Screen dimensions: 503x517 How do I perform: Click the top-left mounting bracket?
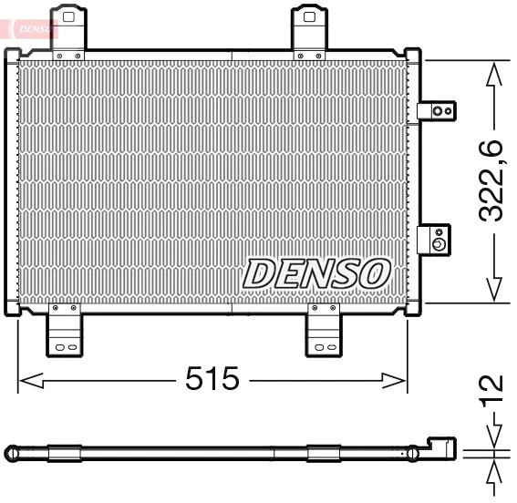tap(67, 34)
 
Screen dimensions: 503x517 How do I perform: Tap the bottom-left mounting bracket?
tap(65, 332)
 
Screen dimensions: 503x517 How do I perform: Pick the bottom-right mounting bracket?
tap(323, 332)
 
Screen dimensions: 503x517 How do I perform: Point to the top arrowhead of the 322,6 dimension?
tap(493, 73)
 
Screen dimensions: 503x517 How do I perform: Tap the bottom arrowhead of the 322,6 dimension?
tap(493, 290)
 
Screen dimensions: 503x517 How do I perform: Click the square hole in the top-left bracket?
tap(67, 16)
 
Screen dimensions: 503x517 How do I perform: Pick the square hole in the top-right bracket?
tap(310, 15)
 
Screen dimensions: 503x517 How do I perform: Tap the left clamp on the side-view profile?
tap(64, 453)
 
